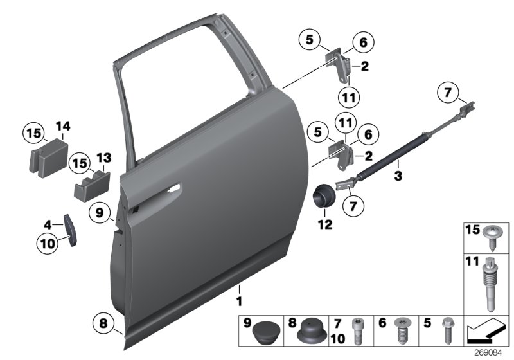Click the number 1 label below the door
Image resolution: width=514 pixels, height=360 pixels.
[x=239, y=301]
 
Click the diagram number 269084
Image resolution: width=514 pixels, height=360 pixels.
[x=492, y=353]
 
